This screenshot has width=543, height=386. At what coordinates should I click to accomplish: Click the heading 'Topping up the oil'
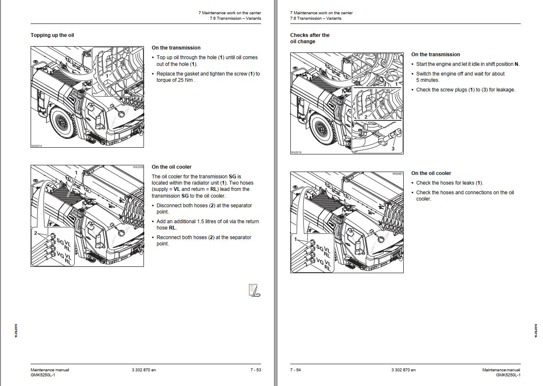pos(52,35)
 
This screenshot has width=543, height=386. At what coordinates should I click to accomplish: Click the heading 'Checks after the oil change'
pos(310,38)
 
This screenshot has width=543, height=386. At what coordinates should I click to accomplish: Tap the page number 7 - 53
pos(256,370)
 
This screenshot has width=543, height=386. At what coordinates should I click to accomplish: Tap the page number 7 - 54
pos(295,370)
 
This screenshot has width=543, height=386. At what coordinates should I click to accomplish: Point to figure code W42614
pos(37,146)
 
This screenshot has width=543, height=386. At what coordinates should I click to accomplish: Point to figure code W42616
pos(296,152)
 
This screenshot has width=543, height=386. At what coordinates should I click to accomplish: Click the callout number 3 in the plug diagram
pos(393,149)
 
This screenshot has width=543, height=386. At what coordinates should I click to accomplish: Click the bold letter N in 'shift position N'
pos(516,64)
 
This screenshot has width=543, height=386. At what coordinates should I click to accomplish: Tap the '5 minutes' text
pos(428,80)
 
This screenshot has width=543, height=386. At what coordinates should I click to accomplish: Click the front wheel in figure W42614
pos(62,122)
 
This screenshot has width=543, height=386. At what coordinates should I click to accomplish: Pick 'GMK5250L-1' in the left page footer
pos(43,375)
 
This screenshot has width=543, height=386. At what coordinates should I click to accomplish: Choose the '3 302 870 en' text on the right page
pos(403,370)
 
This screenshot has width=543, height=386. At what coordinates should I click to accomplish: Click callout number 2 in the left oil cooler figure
pos(36,233)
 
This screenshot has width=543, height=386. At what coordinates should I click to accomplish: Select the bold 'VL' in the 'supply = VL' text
pos(177,189)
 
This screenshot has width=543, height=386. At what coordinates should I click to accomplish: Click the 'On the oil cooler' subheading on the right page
pos(431,173)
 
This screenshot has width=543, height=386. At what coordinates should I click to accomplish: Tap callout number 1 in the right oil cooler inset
pos(295,240)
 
